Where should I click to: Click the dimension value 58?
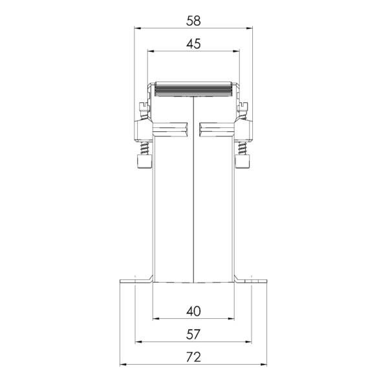(193, 21)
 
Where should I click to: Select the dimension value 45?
(193, 44)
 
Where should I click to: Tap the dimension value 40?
(193, 312)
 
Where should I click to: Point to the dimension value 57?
(193, 334)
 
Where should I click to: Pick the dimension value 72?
(193, 357)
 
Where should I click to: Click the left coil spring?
(144, 148)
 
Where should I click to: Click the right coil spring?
(242, 148)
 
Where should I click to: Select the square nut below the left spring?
(144, 161)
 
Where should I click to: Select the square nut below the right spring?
(242, 161)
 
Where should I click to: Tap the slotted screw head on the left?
(144, 107)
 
